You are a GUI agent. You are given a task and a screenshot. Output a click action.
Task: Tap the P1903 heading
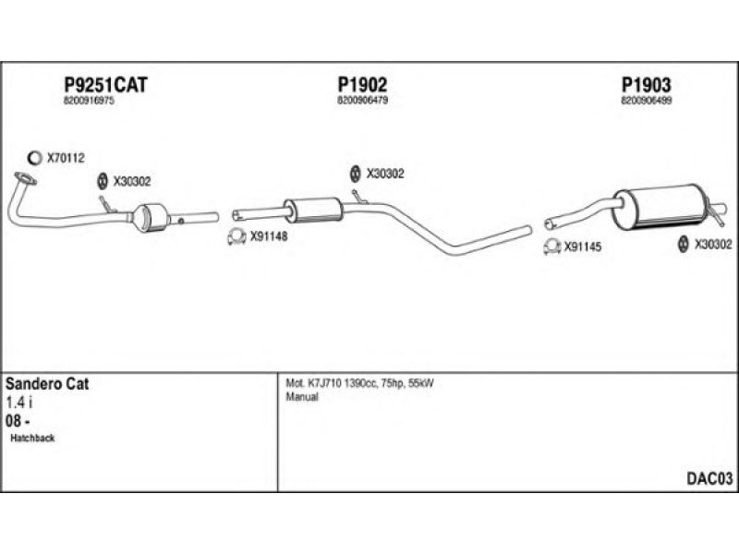click(646, 85)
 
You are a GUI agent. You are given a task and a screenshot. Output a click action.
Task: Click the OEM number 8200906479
click(363, 101)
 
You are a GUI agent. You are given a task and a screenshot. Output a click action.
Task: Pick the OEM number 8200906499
click(647, 101)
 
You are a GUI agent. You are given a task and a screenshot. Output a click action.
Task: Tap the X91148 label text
click(270, 235)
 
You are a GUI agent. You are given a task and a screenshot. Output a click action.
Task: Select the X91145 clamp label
click(583, 247)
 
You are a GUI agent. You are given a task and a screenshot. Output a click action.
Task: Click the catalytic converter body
click(153, 219)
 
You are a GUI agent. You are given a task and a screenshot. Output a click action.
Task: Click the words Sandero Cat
click(47, 383)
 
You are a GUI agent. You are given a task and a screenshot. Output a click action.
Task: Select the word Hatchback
click(33, 438)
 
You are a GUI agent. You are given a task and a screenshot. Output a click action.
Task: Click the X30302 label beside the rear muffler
click(712, 244)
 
